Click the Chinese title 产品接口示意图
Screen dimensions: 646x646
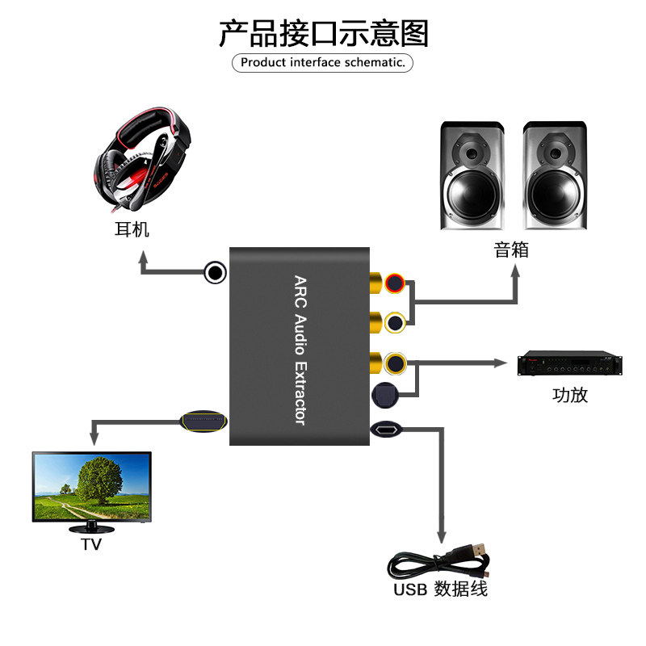[323, 34]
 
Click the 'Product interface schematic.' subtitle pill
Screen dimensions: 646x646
[323, 62]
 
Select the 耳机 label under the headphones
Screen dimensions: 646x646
[132, 229]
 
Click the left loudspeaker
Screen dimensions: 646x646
[471, 176]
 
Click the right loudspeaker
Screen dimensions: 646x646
[554, 176]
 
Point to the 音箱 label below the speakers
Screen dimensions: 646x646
[511, 250]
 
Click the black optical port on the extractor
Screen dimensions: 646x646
[384, 396]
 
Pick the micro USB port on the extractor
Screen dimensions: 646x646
[384, 430]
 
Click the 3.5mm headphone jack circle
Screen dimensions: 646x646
[215, 273]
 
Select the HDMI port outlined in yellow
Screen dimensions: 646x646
[203, 422]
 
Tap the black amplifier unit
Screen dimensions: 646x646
[570, 366]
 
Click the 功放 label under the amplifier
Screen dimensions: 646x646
[570, 395]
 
